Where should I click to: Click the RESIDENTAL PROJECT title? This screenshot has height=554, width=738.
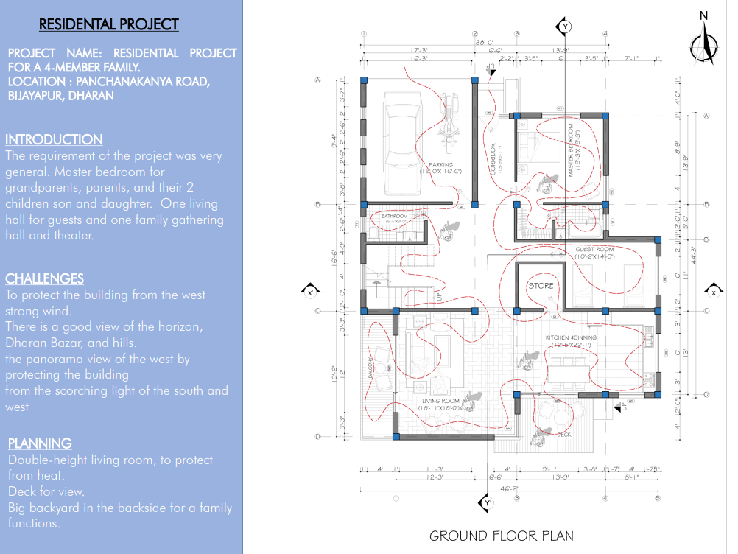[x=108, y=24]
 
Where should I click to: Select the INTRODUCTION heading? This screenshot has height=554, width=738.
[x=54, y=139]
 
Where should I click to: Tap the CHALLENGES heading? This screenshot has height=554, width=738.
[x=44, y=278]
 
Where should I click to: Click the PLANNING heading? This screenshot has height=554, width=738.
[x=40, y=443]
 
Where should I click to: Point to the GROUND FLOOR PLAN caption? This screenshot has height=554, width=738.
[x=502, y=536]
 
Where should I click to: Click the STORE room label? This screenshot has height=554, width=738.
[x=540, y=285]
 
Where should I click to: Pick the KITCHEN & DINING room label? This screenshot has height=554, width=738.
[x=571, y=337]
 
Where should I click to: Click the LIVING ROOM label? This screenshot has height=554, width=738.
[x=441, y=402]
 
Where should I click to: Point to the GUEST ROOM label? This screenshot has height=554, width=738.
[x=594, y=250]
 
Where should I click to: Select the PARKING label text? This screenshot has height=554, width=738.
[x=441, y=165]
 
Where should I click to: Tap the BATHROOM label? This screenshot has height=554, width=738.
[x=394, y=216]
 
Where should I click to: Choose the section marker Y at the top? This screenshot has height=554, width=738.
[x=565, y=27]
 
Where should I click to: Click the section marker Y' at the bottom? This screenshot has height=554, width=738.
[x=486, y=503]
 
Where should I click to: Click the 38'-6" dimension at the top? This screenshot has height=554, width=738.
[x=484, y=43]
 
